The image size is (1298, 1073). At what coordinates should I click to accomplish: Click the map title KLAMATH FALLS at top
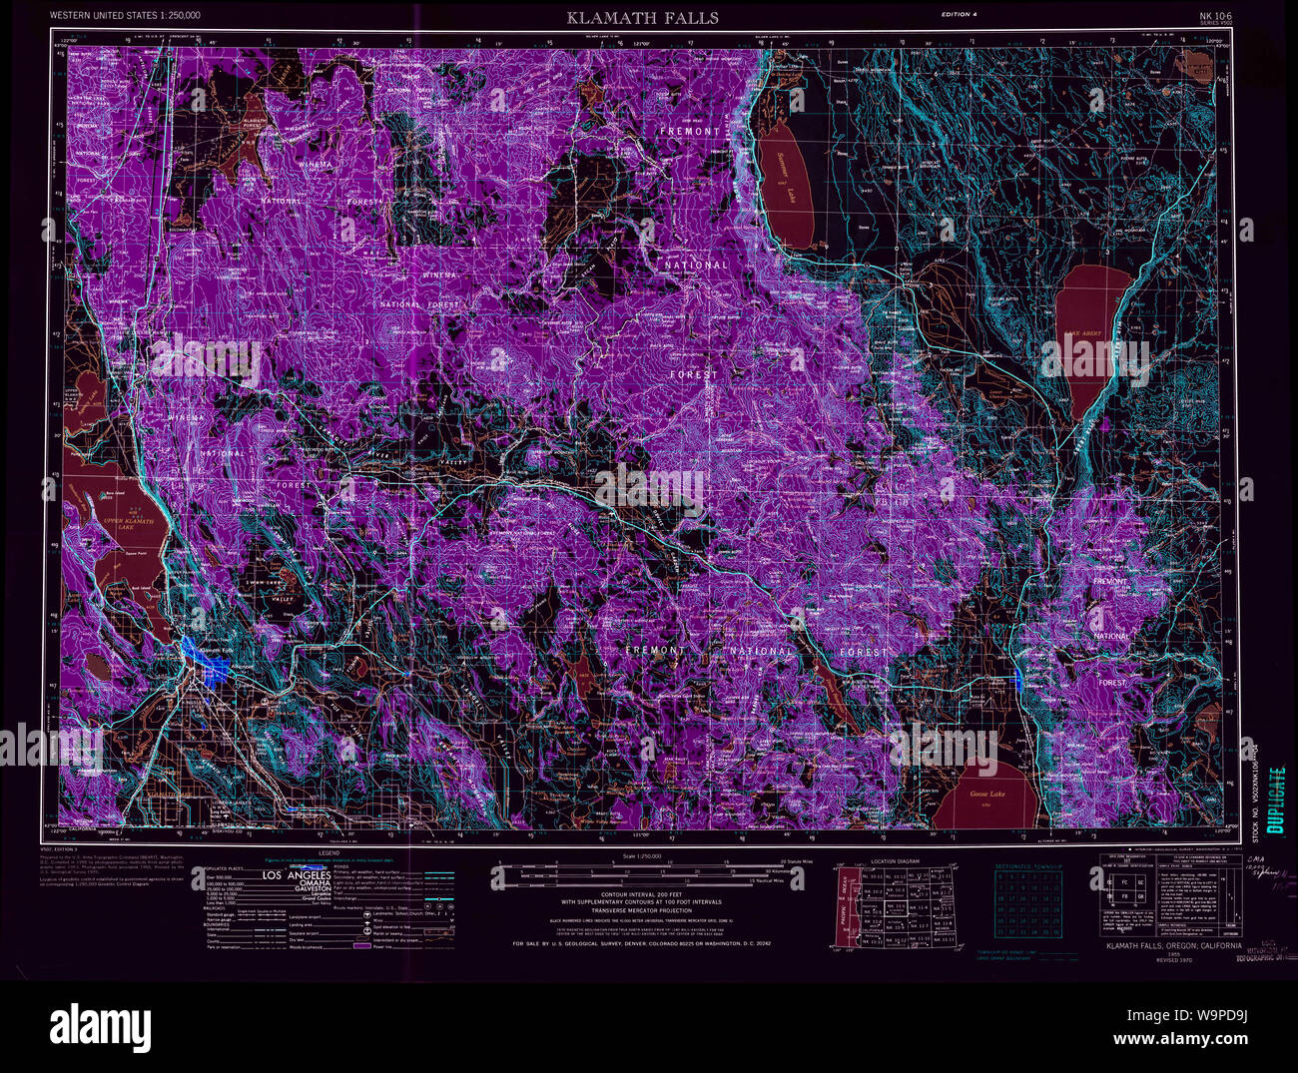(x=642, y=17)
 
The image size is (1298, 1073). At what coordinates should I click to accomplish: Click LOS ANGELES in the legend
(x=296, y=875)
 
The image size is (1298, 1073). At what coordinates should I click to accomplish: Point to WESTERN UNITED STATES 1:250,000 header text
(x=125, y=15)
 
